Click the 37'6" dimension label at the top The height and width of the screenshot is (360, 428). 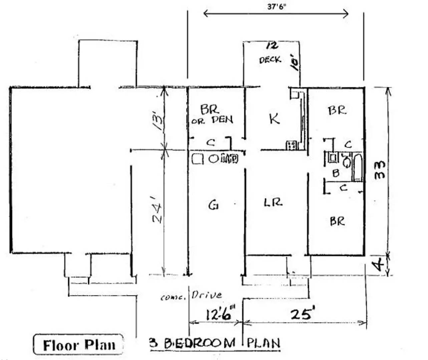coord(277,6)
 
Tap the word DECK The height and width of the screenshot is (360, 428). coord(270,60)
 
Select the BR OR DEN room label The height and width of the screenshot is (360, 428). coord(211,115)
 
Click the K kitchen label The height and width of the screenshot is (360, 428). coord(274,119)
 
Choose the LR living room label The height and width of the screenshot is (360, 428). coord(273,202)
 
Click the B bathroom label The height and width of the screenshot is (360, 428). coord(336,173)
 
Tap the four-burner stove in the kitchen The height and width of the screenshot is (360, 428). coord(291,145)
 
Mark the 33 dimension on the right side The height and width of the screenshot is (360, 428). coord(380,170)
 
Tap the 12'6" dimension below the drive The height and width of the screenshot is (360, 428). coord(221,314)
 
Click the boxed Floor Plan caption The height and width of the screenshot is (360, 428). coord(79,345)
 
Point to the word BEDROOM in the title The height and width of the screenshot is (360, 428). coord(200,343)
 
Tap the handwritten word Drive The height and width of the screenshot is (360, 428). coord(206,295)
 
